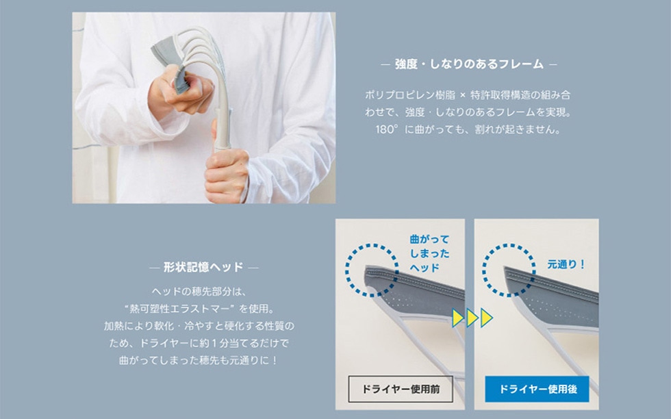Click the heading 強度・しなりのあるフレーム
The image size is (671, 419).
[x=469, y=64]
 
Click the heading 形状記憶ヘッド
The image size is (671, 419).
[x=204, y=268]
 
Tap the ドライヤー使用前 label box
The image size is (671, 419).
[x=401, y=389]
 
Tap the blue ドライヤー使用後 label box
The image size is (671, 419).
[x=537, y=389]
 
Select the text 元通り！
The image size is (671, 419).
[x=566, y=264]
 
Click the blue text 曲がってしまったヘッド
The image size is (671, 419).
[x=430, y=253]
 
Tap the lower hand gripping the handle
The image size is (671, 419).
[x=227, y=175]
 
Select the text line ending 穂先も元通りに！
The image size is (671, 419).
[x=199, y=360]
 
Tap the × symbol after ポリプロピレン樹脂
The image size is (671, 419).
[x=463, y=95]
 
